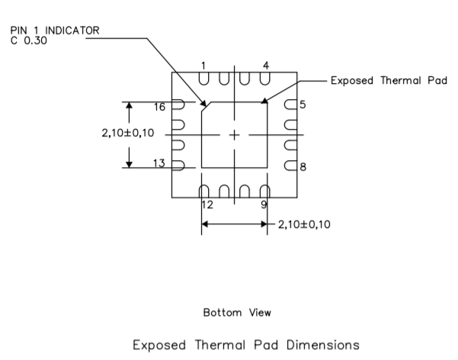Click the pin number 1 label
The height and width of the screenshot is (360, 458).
click(203, 66)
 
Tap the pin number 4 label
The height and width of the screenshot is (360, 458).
click(265, 66)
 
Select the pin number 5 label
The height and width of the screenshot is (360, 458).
click(303, 104)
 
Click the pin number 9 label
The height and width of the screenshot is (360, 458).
click(264, 204)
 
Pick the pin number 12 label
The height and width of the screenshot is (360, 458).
click(207, 204)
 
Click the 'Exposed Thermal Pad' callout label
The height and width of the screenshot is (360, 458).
click(388, 80)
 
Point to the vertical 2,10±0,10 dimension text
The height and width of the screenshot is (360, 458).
click(127, 133)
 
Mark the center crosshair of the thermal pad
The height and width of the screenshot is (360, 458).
click(234, 135)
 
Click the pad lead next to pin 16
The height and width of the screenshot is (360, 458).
click(178, 105)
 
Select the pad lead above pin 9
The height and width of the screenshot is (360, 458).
click(265, 191)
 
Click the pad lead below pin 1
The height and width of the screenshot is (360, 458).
click(203, 79)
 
